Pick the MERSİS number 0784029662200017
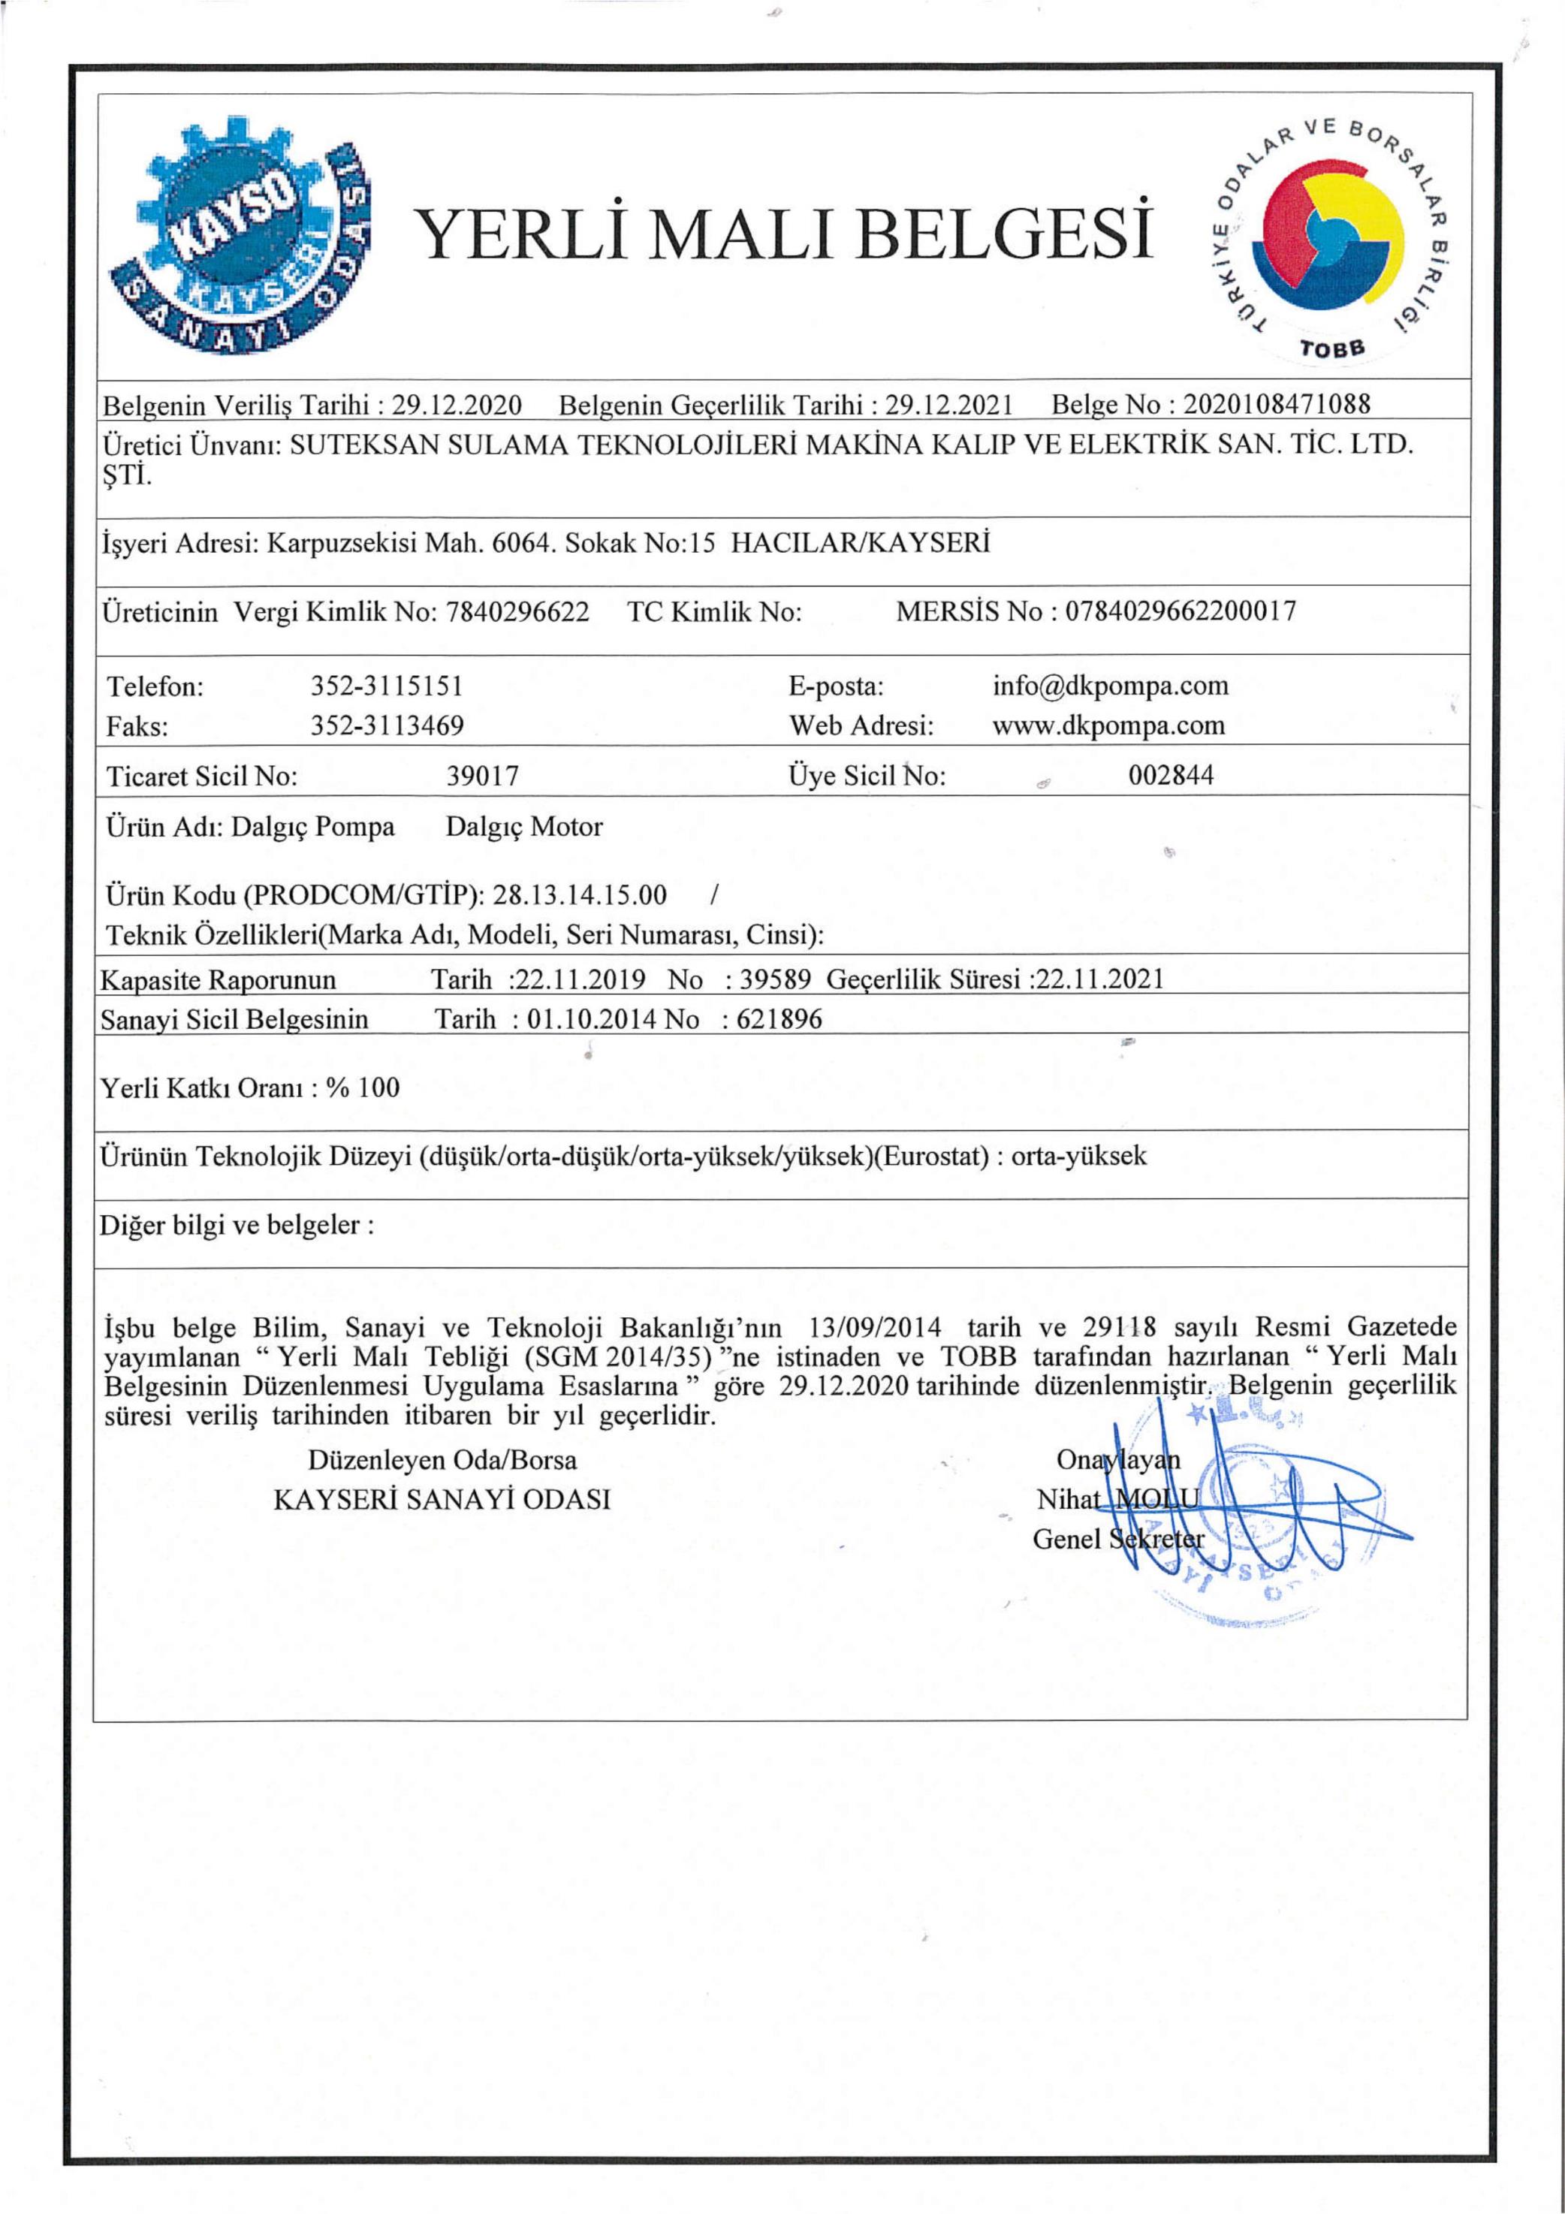[1181, 611]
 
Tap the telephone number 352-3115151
[387, 686]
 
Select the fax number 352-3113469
[387, 725]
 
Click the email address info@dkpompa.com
[1110, 686]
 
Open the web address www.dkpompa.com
[1108, 725]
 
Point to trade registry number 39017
[482, 777]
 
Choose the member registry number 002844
[1171, 777]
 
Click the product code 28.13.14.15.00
[580, 895]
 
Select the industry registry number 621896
[779, 1019]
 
